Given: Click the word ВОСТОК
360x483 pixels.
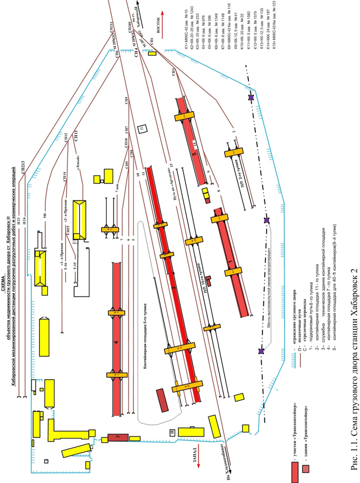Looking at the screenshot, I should (159, 28).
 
